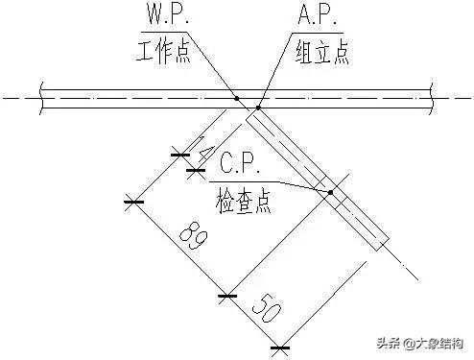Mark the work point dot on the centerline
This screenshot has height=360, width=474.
coord(236,97)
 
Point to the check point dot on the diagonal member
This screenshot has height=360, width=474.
coord(330,192)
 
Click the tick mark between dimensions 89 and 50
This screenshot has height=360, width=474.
coord(226,297)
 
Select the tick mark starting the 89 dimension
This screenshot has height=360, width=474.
coord(132,202)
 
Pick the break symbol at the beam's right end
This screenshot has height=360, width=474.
coord(437,97)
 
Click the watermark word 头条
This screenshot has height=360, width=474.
coord(389,343)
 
